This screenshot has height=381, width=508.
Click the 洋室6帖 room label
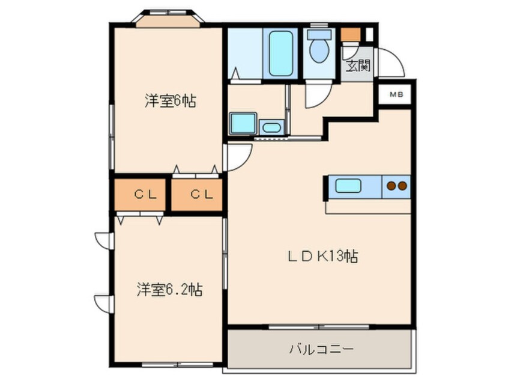[170, 100]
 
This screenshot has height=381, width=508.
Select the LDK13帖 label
[321, 257]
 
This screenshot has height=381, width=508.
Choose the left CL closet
[141, 194]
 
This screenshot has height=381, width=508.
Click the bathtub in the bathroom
[280, 53]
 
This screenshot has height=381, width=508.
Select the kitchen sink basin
[348, 186]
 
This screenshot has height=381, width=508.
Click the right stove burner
[402, 186]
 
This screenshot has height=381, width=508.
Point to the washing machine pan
[243, 123]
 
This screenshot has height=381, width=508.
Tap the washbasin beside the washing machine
[272, 127]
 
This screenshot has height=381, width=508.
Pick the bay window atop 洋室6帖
[168, 19]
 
